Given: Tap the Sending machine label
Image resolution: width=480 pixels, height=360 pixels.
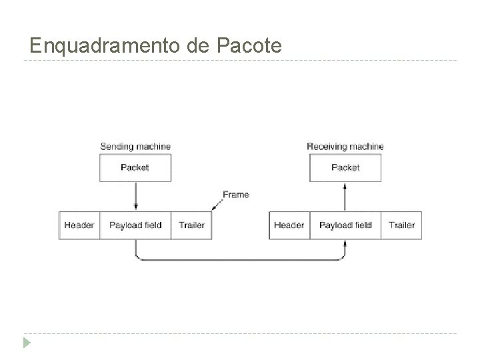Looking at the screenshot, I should (x=135, y=146).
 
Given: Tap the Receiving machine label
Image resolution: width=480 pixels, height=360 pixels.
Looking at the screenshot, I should (x=345, y=146).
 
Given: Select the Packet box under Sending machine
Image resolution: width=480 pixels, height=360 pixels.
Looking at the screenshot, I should (x=135, y=168).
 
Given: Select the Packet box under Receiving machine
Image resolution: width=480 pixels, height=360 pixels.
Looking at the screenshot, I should (x=345, y=168).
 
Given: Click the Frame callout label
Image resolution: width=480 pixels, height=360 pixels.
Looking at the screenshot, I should (x=236, y=195).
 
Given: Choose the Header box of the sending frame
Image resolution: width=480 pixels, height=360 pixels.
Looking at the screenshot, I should (x=79, y=225).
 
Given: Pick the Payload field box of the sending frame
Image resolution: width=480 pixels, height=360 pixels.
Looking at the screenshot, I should (x=135, y=225).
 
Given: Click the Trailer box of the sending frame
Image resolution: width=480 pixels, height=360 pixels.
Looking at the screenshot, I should (x=191, y=225).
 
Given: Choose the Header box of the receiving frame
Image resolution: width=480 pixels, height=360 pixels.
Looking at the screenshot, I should (x=289, y=225).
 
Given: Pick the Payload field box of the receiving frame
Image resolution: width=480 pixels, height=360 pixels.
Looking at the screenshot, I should (x=345, y=225).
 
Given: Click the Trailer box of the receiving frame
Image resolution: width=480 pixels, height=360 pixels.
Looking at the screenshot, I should (x=401, y=225).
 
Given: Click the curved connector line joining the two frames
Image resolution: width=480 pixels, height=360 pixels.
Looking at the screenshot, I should (x=240, y=259).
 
